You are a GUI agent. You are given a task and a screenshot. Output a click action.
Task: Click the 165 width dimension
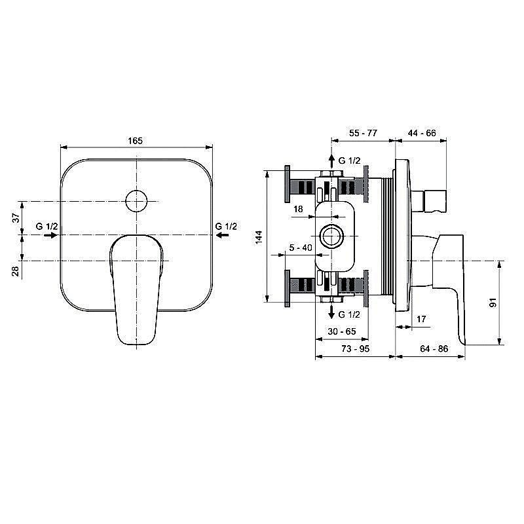coord(135,140)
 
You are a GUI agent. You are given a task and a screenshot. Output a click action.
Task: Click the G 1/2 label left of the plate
coord(48,227)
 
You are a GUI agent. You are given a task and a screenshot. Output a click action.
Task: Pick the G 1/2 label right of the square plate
coord(226,227)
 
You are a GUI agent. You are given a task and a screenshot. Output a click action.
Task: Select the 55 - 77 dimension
coord(363,133)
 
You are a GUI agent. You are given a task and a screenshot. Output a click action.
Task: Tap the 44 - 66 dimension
coord(422,133)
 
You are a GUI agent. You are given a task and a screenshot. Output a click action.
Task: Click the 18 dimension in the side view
coord(298,209)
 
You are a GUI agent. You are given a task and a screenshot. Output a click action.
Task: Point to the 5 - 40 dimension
coord(300,248)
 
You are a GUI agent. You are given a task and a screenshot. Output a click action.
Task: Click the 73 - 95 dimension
coord(356,349)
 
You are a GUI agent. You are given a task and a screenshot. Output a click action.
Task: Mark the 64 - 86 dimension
coord(433,349)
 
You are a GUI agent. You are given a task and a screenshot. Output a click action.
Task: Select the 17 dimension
coord(422,319)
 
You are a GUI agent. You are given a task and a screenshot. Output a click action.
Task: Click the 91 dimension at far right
coord(493,301)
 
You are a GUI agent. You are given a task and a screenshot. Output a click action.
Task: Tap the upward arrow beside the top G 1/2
coord(332,161)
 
